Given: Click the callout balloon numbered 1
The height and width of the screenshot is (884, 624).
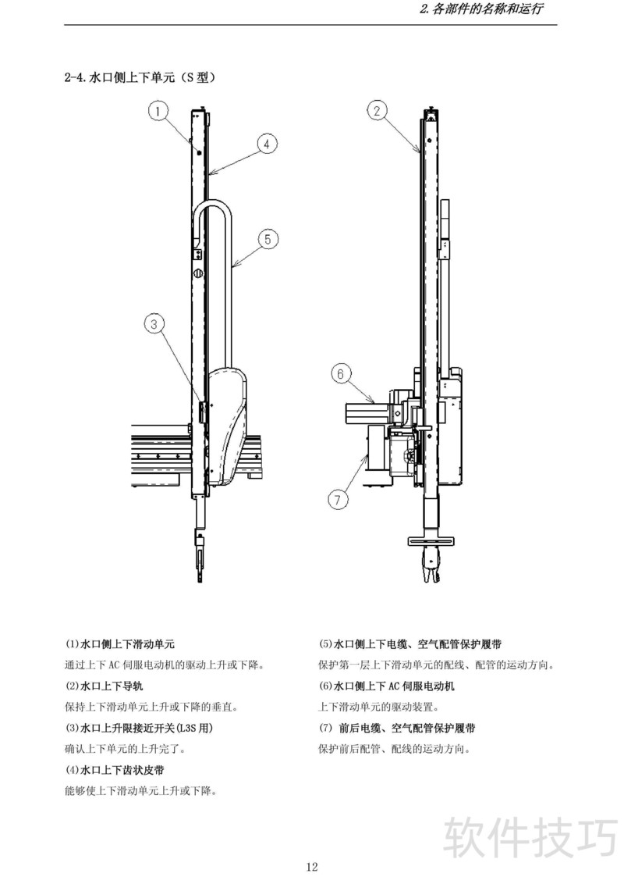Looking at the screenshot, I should click(x=158, y=112).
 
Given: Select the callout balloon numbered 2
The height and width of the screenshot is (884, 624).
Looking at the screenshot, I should click(x=377, y=111).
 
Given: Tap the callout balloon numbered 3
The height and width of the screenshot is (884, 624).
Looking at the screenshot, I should click(x=156, y=323).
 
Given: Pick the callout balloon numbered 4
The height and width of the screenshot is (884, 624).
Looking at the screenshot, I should click(x=266, y=144).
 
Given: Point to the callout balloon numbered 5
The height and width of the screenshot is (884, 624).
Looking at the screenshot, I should click(x=267, y=240).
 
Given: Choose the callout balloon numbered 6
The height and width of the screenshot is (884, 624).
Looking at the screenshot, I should click(x=340, y=374).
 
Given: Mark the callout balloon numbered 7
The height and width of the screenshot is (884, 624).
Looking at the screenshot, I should click(x=337, y=499).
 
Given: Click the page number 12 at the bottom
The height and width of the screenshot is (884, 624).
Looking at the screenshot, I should click(x=312, y=866).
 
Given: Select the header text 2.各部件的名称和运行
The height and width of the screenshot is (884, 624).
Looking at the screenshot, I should click(x=481, y=10).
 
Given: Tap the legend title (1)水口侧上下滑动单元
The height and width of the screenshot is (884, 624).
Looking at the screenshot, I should click(x=119, y=644).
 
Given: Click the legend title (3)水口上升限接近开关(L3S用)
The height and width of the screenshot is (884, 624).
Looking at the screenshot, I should click(x=139, y=728).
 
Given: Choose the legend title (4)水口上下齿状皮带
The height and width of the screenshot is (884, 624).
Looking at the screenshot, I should click(x=114, y=770).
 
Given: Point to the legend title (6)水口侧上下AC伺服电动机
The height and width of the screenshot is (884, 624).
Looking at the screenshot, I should click(x=387, y=686).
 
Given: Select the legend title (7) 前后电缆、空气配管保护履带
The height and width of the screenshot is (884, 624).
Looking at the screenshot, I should click(x=397, y=728).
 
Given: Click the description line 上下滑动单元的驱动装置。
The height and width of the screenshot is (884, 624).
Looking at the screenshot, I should click(x=378, y=708).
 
